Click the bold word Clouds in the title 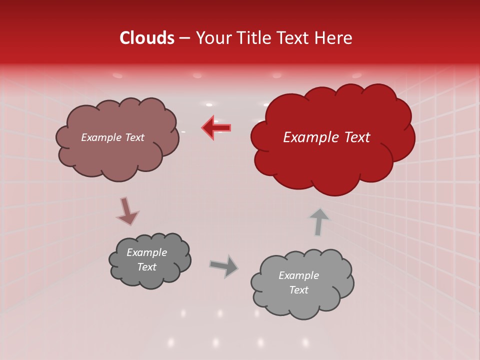pyautogui.click(x=147, y=38)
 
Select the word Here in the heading pyautogui.click(x=334, y=38)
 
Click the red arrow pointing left pyautogui.click(x=216, y=127)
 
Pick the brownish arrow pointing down pyautogui.click(x=126, y=210)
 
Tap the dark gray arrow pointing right pyautogui.click(x=224, y=265)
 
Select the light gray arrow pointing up pyautogui.click(x=319, y=221)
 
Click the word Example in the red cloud pyautogui.click(x=307, y=137)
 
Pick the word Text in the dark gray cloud pyautogui.click(x=147, y=267)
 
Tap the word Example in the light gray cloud pyautogui.click(x=298, y=275)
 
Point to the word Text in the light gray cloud pyautogui.click(x=298, y=290)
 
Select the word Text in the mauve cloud pyautogui.click(x=134, y=137)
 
